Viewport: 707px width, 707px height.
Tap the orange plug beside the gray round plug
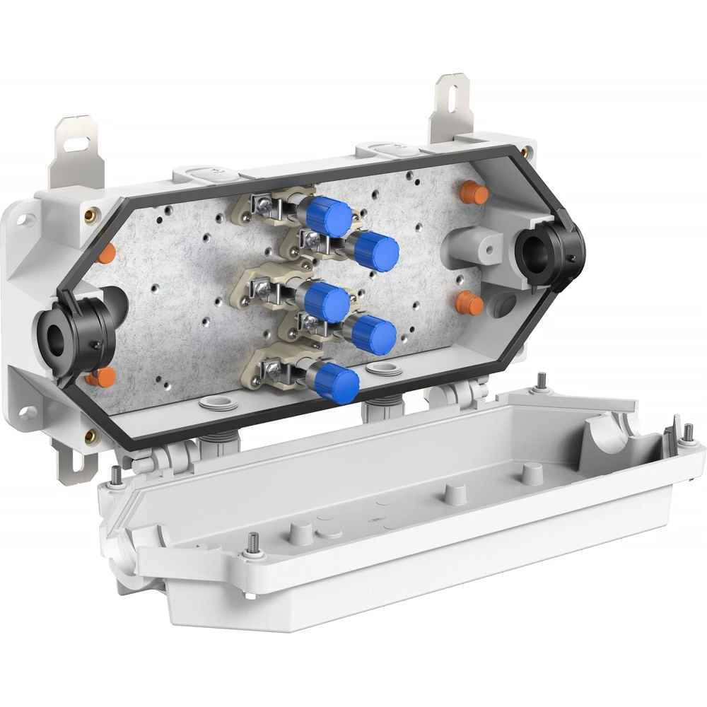pyautogui.click(x=469, y=304)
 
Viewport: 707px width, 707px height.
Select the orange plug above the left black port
pyautogui.click(x=105, y=253)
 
